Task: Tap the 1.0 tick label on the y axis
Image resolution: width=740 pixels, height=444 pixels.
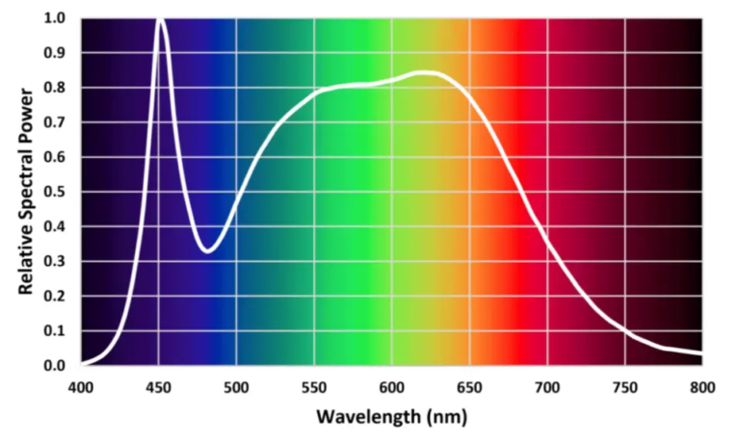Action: coord(55,18)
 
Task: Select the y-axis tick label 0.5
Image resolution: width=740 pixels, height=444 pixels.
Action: coord(55,192)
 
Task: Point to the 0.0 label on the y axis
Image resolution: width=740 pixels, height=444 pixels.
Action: coord(55,365)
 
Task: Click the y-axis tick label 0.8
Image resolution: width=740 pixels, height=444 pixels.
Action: coord(55,88)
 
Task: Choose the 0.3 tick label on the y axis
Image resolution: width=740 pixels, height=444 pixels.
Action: coord(55,261)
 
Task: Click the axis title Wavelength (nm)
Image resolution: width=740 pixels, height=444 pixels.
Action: coord(391,419)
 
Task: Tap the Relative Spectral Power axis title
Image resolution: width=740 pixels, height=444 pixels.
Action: coord(26,192)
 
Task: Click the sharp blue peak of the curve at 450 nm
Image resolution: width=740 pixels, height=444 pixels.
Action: coord(160,19)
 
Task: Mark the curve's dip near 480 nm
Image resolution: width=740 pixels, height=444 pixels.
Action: coord(206,251)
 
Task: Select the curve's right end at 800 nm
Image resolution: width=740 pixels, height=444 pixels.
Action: coord(701,354)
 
